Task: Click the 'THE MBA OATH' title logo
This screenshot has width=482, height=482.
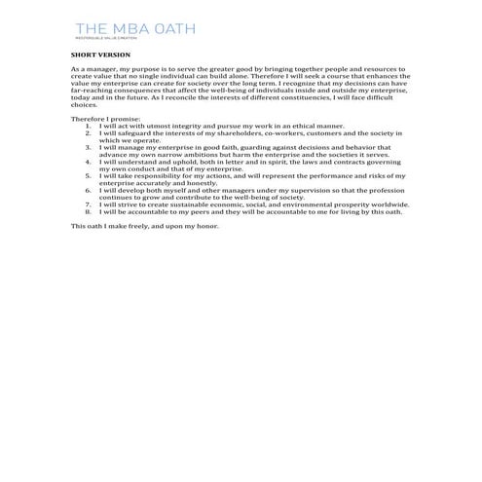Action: [x=134, y=29]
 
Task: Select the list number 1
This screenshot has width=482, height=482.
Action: [x=88, y=125]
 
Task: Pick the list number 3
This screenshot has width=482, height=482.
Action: [x=88, y=143]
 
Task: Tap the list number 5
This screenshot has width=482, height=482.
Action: [x=88, y=174]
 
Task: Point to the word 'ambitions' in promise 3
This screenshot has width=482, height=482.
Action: [x=204, y=150]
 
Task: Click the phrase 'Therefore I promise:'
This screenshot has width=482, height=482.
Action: [x=99, y=119]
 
